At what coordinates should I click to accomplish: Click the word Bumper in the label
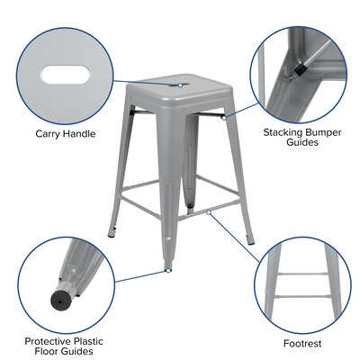(327, 131)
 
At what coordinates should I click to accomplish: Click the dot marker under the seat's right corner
(220, 115)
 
